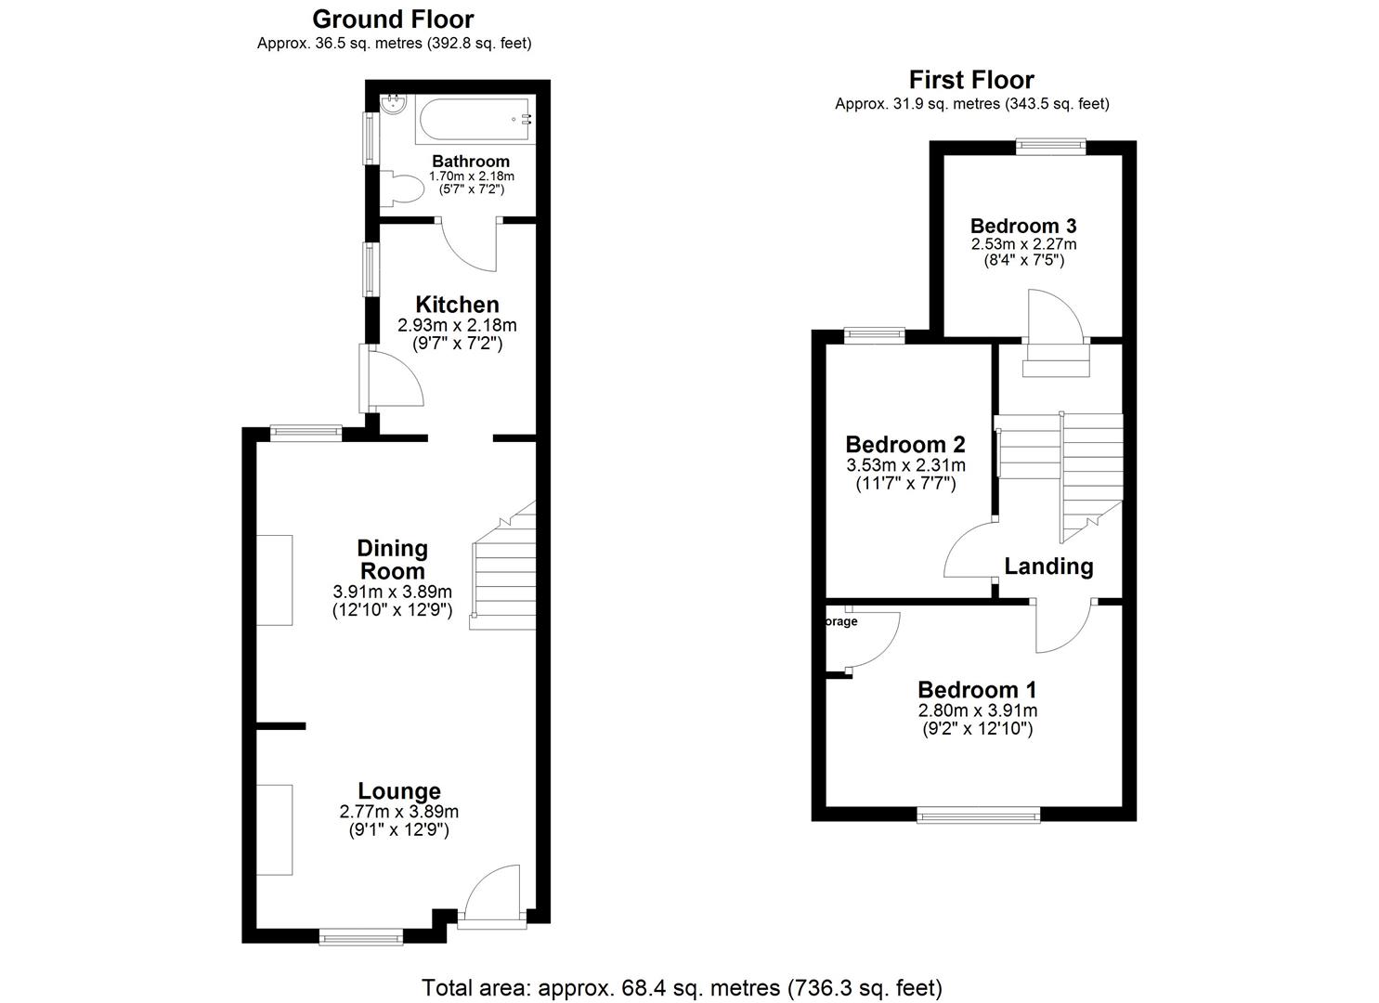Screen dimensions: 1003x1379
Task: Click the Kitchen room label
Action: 457,305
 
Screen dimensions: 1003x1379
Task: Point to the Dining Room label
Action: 392,560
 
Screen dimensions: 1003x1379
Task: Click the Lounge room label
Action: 399,791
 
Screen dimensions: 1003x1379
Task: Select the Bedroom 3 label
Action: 1023,226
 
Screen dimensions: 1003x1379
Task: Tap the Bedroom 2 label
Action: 905,444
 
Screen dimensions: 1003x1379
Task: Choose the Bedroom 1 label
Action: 977,690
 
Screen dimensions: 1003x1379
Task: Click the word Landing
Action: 1048,567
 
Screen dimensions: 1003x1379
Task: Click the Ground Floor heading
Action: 393,19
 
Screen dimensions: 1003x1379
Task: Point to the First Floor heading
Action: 971,80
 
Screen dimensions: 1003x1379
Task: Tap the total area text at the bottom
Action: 683,987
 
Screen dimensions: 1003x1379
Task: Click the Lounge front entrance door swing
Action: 491,893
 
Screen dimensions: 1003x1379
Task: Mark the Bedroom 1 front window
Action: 978,815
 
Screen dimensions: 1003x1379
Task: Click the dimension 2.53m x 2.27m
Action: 1023,244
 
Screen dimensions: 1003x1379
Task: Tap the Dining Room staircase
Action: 504,576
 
